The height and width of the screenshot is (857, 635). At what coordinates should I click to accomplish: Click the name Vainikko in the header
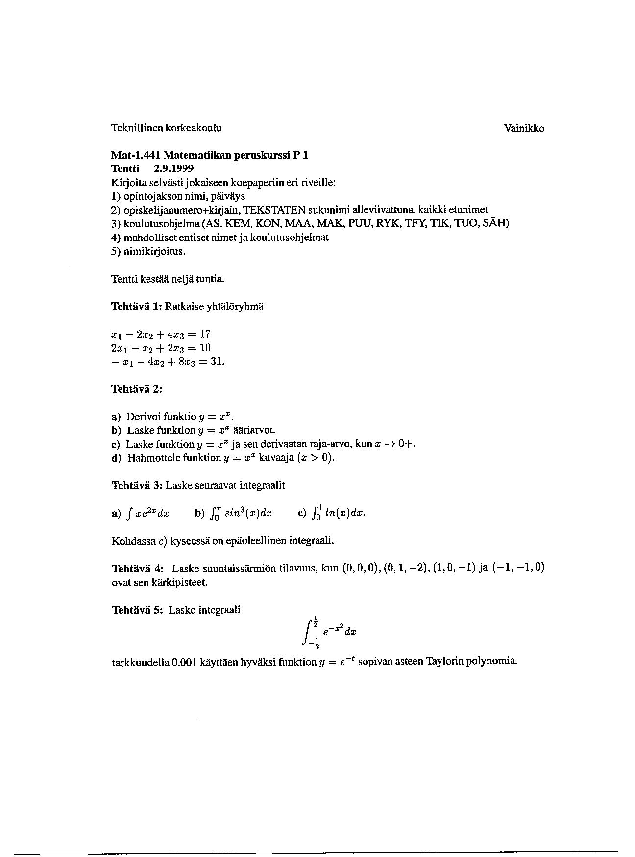[x=524, y=129]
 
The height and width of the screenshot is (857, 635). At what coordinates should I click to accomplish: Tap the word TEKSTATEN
[x=274, y=210]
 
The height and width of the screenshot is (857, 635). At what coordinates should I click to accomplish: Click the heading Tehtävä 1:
[x=136, y=307]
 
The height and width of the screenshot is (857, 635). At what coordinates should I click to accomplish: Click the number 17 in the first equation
[x=205, y=334]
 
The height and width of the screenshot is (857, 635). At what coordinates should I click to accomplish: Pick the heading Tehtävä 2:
[x=137, y=390]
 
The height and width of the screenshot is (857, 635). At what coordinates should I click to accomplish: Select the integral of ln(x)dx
[x=338, y=513]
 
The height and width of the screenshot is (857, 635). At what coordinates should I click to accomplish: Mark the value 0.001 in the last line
[x=184, y=663]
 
